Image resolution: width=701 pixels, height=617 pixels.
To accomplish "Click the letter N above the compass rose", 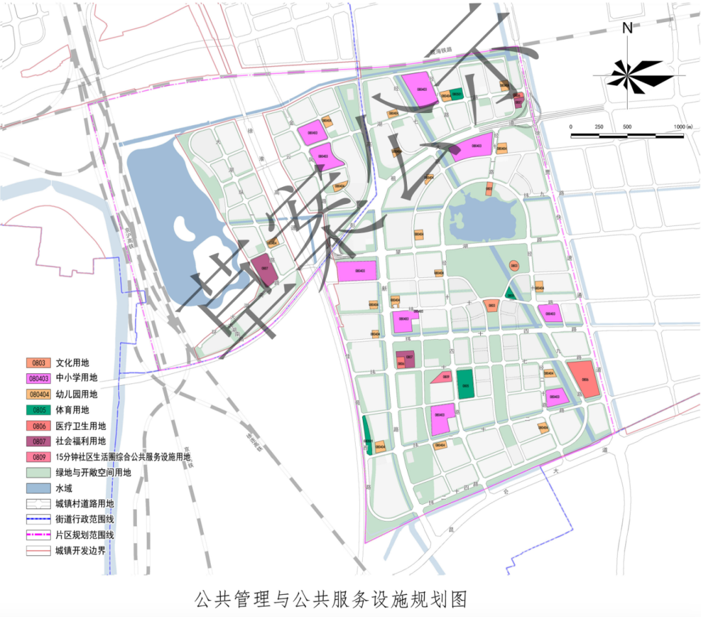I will click(x=627, y=28).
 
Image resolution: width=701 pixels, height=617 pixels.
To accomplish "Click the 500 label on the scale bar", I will click(x=627, y=126).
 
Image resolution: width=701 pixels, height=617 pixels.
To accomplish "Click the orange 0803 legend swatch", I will click(x=38, y=362).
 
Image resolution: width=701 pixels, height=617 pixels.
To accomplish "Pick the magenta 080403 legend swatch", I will click(x=38, y=378).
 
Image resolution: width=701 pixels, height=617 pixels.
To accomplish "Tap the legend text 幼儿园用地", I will click(x=77, y=394).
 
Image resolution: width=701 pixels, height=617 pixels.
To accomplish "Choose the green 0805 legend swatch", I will click(x=38, y=410).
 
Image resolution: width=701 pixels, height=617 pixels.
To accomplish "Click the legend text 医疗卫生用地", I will click(x=81, y=425).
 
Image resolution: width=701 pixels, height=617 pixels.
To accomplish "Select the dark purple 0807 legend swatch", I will click(x=38, y=442).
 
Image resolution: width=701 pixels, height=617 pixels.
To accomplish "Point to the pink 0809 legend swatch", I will click(x=38, y=457).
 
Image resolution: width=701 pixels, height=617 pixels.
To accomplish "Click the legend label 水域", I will click(x=65, y=488).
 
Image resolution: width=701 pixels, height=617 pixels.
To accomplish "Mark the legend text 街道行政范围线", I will click(x=85, y=520).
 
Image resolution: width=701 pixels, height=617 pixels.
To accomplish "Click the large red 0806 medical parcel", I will click(x=583, y=378).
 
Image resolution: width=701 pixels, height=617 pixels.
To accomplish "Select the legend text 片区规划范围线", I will click(x=85, y=536).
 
